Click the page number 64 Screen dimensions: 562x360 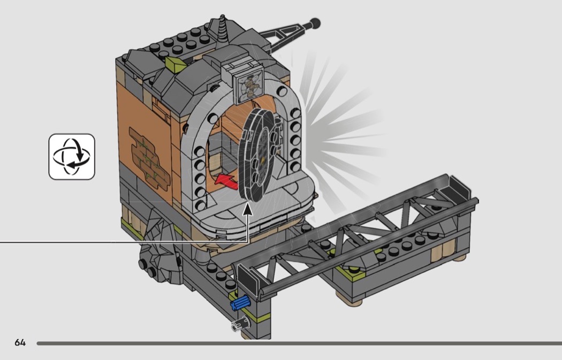20,343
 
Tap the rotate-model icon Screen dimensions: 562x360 72,157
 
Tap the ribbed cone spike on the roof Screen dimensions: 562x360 223,30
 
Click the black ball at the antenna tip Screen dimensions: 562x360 315,24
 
